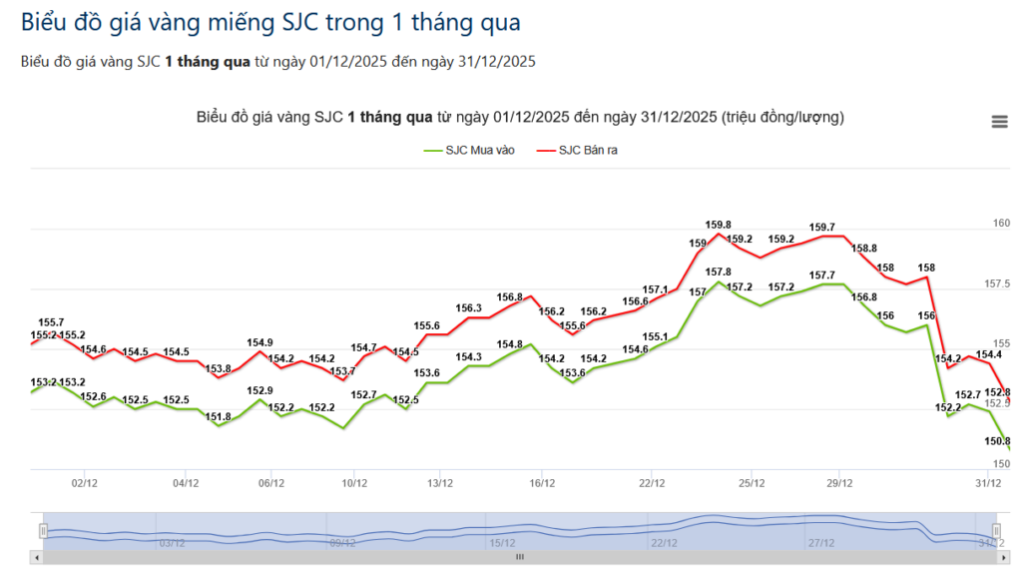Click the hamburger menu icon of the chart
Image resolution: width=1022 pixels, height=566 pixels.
tap(999, 122)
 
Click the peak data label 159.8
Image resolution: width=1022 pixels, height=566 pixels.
tap(718, 225)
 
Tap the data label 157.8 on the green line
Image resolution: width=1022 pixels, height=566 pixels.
tap(718, 272)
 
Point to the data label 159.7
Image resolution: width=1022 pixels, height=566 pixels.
tap(822, 228)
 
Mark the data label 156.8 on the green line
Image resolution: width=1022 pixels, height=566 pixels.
tap(863, 296)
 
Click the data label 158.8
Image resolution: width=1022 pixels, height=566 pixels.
tap(863, 249)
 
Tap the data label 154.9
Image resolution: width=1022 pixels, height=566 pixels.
tap(259, 342)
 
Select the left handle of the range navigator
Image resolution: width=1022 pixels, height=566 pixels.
tap(43, 530)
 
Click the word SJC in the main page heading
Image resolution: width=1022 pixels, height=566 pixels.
tap(297, 21)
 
